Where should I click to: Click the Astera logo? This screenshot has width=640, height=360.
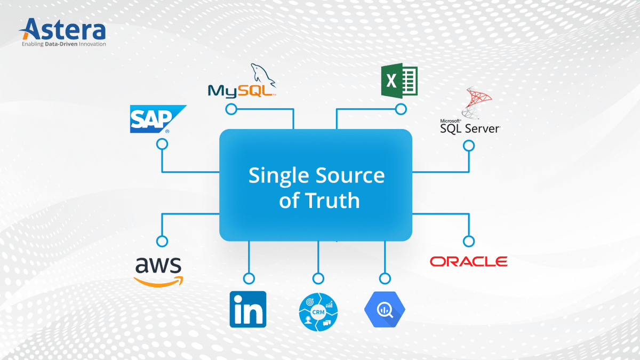click(63, 29)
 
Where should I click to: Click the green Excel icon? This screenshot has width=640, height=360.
click(399, 81)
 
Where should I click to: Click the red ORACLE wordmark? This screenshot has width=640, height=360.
click(469, 261)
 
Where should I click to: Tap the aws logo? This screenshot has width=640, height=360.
click(158, 268)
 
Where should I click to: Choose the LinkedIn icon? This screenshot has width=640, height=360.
click(248, 309)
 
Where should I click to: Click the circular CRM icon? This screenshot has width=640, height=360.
click(318, 310)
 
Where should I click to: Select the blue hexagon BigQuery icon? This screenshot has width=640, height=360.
click(385, 310)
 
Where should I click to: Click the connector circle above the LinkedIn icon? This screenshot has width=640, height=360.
click(249, 278)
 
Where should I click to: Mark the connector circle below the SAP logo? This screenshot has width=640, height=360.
click(162, 145)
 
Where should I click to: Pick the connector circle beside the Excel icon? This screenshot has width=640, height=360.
click(401, 109)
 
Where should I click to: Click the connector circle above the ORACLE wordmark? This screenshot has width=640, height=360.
click(469, 241)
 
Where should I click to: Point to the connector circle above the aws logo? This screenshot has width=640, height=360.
click(162, 241)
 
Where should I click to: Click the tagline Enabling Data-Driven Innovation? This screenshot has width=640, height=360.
click(63, 44)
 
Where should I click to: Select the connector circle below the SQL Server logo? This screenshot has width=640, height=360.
click(469, 145)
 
